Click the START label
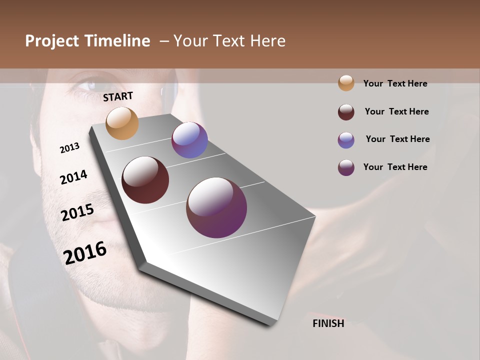(118, 96)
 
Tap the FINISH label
(328, 323)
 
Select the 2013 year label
(70, 148)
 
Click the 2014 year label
(74, 177)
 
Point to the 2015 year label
(77, 212)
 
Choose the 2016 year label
(85, 252)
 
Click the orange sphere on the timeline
(122, 123)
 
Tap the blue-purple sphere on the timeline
(189, 140)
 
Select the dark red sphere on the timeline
(145, 180)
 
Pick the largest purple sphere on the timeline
(216, 207)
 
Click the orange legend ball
(346, 83)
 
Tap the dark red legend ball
(346, 112)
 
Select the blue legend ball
(346, 140)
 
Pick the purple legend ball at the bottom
(346, 167)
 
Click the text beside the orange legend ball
(395, 83)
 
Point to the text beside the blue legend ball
(397, 139)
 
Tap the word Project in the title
(52, 41)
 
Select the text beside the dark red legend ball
(396, 111)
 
